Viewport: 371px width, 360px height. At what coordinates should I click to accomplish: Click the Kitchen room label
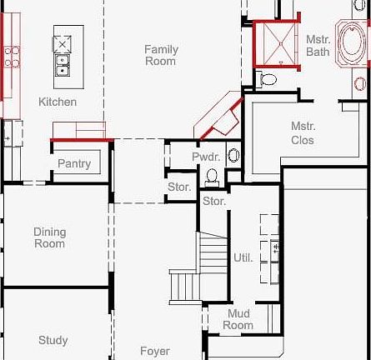(58, 102)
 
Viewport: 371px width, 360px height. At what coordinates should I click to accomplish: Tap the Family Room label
(161, 55)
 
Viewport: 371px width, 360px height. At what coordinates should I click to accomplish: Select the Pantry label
(74, 163)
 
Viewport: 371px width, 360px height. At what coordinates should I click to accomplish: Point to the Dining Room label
(50, 237)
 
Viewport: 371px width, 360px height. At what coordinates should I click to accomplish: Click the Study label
(53, 340)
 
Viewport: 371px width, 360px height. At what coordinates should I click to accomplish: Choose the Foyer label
(154, 351)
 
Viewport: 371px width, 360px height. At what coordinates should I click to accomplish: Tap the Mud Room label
(238, 319)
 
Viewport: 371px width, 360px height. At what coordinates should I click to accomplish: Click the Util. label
(243, 258)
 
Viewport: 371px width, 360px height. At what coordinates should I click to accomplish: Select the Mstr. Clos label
(303, 133)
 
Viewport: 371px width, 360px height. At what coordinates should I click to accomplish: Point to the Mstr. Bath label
(318, 45)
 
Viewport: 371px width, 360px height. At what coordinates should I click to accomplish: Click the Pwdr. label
(205, 157)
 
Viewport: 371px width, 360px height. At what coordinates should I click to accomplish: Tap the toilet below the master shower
(268, 80)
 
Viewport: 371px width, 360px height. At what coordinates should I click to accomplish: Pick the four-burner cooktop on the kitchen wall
(11, 56)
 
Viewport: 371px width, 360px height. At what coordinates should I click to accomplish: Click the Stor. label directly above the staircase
(214, 201)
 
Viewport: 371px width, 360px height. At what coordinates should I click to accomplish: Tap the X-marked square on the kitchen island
(64, 42)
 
